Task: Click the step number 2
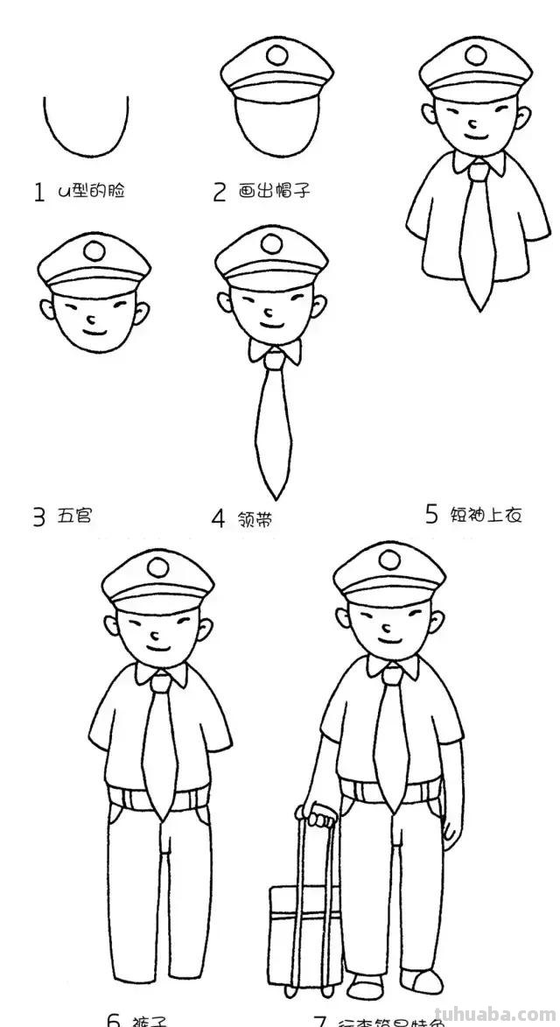pos(220,192)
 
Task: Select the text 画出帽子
pos(275,191)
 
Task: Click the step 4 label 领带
pos(255,518)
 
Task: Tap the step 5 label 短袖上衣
pos(486,515)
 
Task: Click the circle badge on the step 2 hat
pos(276,56)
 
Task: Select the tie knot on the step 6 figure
pos(162,682)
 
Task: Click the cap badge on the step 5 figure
pos(474,54)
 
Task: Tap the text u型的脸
pos(91,190)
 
